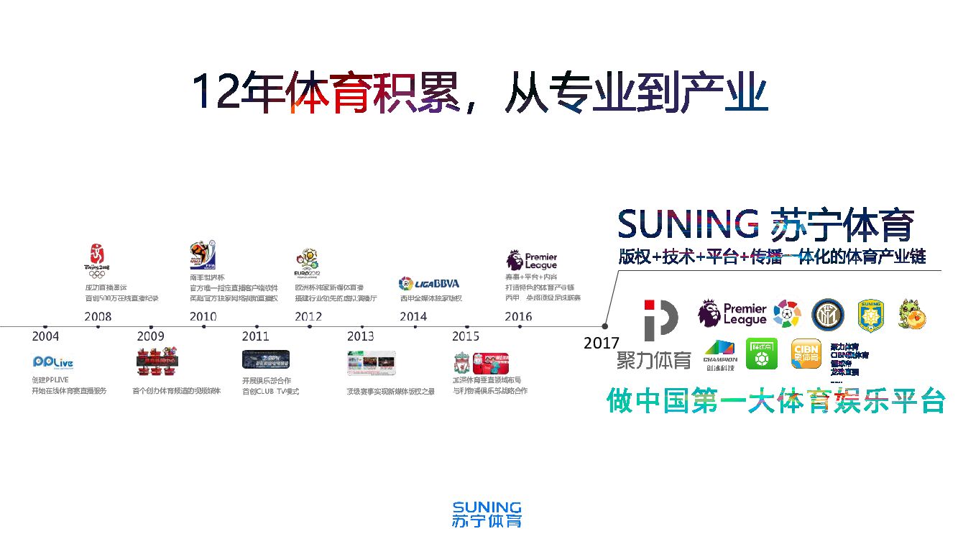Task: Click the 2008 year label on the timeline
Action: (98, 316)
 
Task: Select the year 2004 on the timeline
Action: (45, 336)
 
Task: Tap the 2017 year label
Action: (601, 344)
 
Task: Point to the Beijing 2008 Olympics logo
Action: (97, 260)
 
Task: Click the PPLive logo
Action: (52, 362)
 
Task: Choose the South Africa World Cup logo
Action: (203, 255)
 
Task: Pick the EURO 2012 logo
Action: (308, 263)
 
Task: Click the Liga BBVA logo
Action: (428, 283)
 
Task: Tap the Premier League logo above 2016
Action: (532, 260)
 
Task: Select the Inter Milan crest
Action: (826, 314)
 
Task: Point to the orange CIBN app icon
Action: (806, 353)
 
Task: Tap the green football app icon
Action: (761, 353)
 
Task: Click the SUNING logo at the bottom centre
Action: (487, 515)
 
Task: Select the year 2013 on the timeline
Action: (360, 336)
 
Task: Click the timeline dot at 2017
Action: (605, 326)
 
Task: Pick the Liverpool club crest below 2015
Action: (461, 362)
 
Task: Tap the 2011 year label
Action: (255, 336)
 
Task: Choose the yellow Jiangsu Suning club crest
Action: (870, 315)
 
